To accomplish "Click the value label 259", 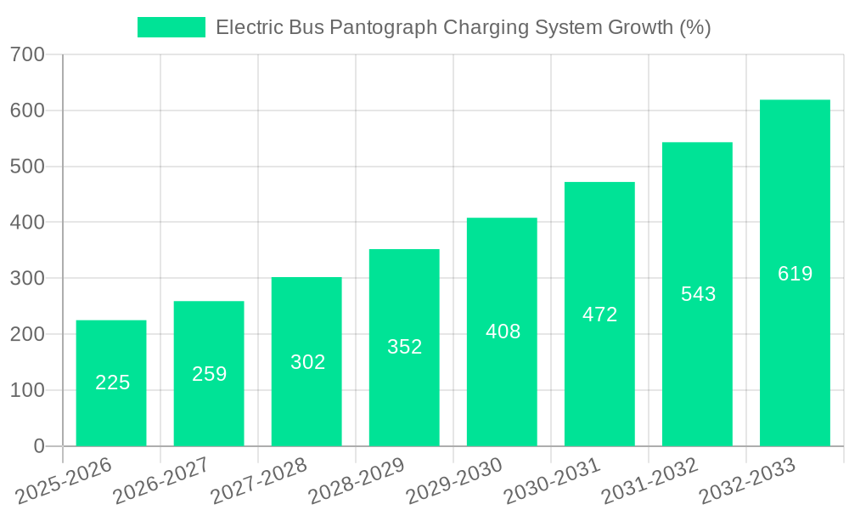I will point(209,374).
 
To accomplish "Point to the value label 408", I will point(503,331).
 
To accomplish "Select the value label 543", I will point(698,294).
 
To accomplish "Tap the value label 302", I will point(307,362).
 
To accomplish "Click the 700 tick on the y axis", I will point(27,54).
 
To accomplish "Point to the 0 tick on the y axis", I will point(38,446).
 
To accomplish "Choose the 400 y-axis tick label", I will point(27,223).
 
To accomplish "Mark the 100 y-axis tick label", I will point(27,390).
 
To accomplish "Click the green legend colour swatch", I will point(171,27).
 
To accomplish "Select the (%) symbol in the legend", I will point(695,27).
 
